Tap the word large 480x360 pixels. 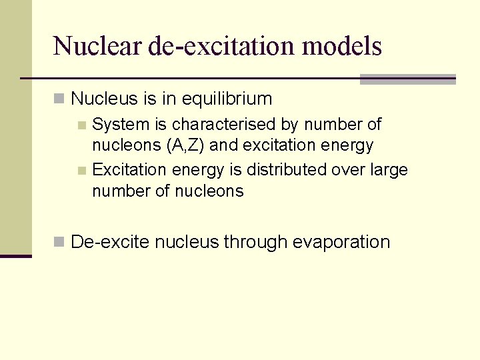[389, 170]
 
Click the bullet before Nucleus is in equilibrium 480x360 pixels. [59, 99]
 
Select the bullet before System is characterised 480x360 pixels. [82, 125]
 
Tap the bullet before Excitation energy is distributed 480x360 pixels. [82, 170]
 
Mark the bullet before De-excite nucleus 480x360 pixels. [59, 242]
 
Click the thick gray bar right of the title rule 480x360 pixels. [407, 79]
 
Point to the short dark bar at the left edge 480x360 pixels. [15, 255]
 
